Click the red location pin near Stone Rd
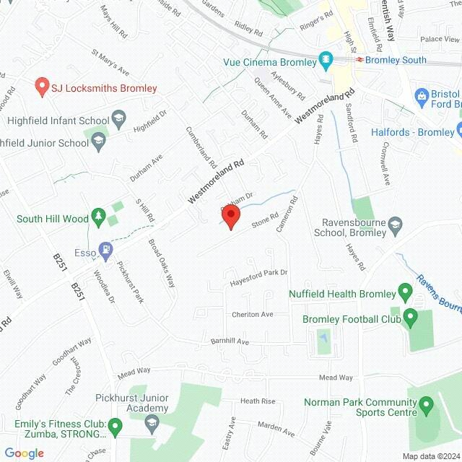230,216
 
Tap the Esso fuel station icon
107,250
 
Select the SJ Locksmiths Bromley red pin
42,87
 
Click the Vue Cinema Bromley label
270,62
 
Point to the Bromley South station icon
357,60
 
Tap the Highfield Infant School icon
118,118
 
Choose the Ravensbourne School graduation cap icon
395,227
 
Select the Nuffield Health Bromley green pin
406,293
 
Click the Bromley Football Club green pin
411,317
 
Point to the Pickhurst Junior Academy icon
152,425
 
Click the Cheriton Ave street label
253,315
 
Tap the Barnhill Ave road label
230,340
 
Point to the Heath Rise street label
258,401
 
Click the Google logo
24,453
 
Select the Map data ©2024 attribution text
430,456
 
